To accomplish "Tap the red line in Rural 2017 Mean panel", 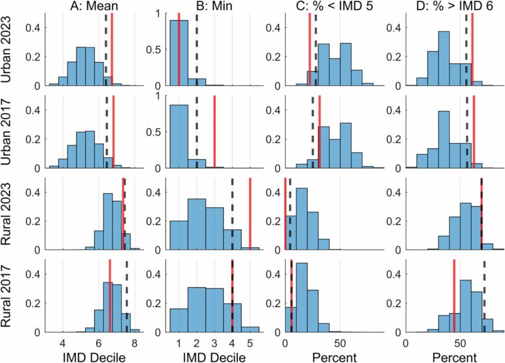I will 110,293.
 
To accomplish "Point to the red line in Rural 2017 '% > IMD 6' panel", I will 454,293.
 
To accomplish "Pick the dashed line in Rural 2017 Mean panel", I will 127,293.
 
